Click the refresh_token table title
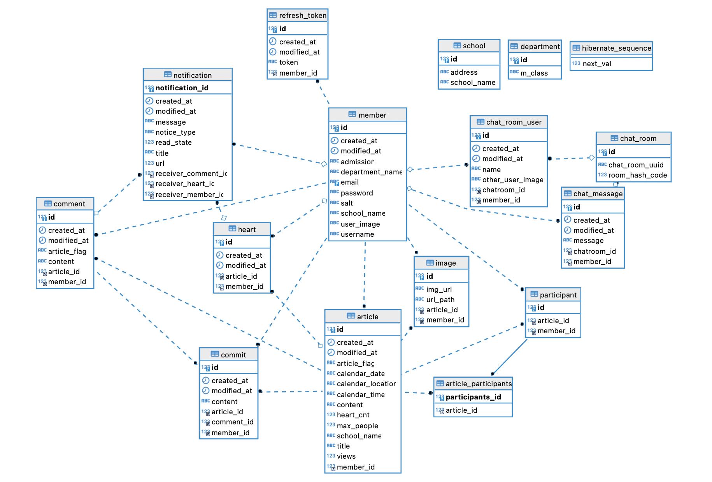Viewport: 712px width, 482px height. point(302,16)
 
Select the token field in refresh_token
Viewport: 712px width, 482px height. point(288,62)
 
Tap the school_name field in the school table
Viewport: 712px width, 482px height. point(473,83)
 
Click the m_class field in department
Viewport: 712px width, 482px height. point(534,73)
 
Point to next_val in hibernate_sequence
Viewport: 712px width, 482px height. point(596,64)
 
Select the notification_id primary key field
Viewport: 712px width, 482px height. point(182,88)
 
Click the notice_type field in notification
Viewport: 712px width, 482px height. point(175,132)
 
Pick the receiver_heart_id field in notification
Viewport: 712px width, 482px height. point(185,184)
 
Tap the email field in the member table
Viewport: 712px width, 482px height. point(349,182)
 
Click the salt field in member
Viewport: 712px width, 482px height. point(347,203)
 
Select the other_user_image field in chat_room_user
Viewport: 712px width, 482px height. point(513,180)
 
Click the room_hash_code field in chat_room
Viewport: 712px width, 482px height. point(637,175)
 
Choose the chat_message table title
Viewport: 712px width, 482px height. point(598,194)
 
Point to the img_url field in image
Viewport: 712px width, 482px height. point(439,290)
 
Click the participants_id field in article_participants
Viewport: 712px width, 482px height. point(473,397)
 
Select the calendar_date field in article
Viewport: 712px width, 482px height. point(361,374)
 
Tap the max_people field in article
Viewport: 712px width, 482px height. point(357,426)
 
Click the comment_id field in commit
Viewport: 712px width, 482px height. point(232,422)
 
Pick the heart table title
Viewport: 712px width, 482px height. point(247,230)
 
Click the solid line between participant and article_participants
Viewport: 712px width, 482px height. point(510,357)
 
